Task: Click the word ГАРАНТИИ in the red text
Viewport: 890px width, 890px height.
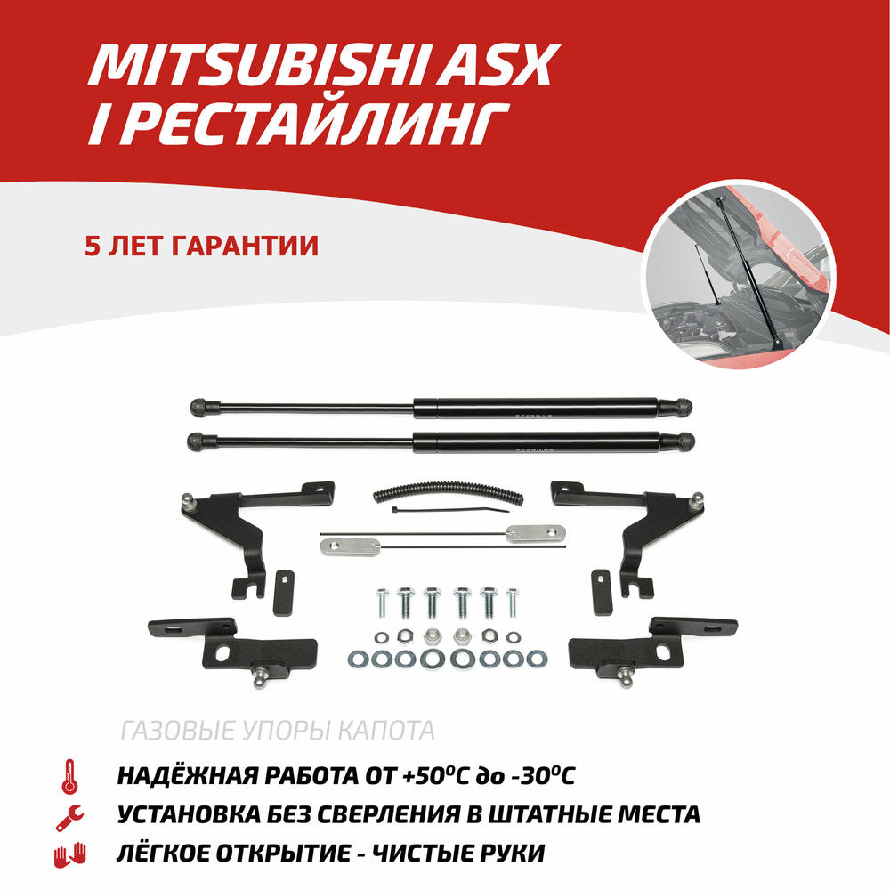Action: pos(244,246)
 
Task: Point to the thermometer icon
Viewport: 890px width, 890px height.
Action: pos(69,776)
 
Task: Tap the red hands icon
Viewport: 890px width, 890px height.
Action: pos(69,855)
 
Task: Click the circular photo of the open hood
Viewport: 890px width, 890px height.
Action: pos(739,274)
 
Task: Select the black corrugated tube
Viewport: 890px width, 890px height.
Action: pos(449,492)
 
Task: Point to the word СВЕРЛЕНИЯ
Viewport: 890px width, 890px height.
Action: pos(387,814)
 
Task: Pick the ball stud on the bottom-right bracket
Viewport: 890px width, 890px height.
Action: pos(626,678)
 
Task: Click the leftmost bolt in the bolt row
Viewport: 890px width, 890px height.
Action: pos(382,603)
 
